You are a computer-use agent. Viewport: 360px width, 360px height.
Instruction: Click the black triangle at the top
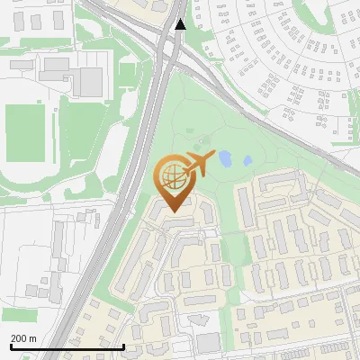pos(181,24)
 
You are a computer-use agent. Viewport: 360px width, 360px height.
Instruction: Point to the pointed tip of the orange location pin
pos(171,211)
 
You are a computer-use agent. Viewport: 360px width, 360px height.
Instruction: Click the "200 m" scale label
pos(22,337)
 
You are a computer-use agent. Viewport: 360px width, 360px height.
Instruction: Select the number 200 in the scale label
pos(18,337)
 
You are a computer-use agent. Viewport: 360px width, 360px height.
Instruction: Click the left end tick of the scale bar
pos(10,346)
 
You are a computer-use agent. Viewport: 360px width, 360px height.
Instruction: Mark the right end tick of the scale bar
pos(123,346)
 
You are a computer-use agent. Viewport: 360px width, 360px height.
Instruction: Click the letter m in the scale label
pos(32,338)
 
